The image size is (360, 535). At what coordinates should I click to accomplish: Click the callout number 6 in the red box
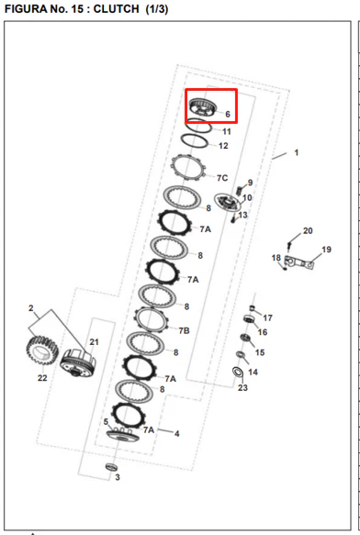228,114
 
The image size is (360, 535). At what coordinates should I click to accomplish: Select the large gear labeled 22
42,351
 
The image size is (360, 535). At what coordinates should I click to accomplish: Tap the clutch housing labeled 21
78,362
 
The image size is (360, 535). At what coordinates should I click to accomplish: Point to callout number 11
227,132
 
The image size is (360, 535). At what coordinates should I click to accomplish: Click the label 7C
222,178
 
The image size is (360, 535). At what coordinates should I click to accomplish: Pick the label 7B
184,330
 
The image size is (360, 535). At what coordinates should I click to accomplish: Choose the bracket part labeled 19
298,262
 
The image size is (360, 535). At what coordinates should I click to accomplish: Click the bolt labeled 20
289,245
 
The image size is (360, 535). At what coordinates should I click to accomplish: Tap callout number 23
242,387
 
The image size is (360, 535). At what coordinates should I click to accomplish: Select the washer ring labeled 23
237,372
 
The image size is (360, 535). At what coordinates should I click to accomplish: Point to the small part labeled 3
111,467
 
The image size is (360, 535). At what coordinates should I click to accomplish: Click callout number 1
297,152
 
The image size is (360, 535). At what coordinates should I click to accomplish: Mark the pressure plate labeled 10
227,202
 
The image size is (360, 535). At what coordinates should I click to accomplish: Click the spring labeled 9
241,189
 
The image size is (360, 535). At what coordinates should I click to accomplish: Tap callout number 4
176,434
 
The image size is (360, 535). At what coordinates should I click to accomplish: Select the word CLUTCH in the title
116,9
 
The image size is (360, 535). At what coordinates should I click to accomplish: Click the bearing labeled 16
248,319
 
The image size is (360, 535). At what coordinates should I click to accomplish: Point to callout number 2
31,308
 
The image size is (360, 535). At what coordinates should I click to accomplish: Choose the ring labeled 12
194,140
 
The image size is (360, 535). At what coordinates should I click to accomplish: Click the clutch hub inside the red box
203,106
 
